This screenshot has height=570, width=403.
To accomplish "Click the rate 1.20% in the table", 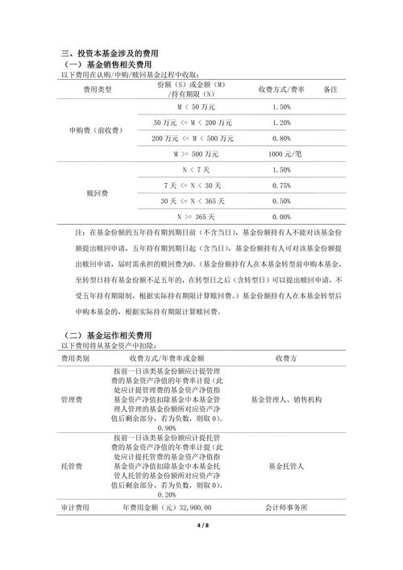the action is tap(281, 123).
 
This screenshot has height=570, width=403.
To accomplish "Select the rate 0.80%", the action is tap(281, 138).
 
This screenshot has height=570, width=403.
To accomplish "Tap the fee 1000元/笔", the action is tap(281, 153).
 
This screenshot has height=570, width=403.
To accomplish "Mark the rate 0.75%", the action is tap(281, 185).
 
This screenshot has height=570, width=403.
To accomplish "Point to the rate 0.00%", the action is tap(281, 217).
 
